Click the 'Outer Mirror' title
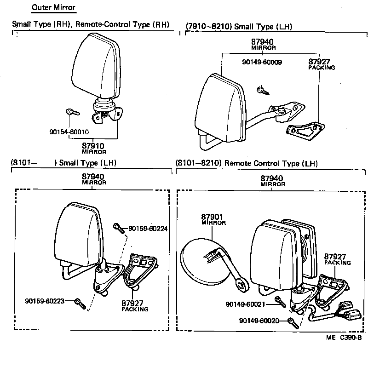point(53,8)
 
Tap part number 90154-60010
point(69,132)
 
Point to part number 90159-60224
point(148,228)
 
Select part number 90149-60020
point(259,321)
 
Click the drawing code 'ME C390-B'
point(344,337)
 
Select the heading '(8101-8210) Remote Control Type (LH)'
point(247,163)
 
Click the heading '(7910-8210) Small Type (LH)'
point(239,27)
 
